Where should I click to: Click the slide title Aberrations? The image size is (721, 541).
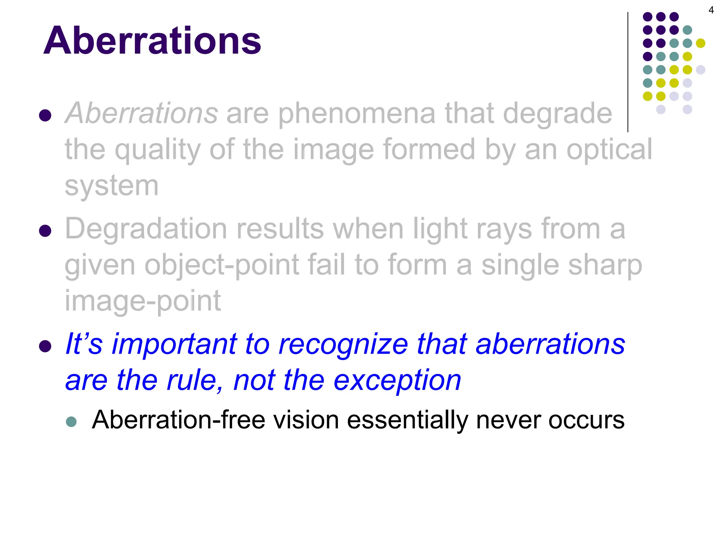point(152,41)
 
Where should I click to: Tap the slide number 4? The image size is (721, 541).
point(711,10)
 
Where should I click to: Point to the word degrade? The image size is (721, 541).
point(557,113)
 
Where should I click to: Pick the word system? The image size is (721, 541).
point(112,186)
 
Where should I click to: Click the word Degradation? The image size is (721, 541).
point(146,229)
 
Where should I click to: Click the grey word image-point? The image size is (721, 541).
point(143,301)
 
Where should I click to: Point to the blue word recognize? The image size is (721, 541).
point(343,344)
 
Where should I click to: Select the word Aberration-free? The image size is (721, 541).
point(178,420)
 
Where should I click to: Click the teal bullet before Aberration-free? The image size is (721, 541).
point(71,422)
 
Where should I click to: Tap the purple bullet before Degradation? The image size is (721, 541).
point(45,231)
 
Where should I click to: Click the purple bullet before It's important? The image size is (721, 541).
point(45,346)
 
